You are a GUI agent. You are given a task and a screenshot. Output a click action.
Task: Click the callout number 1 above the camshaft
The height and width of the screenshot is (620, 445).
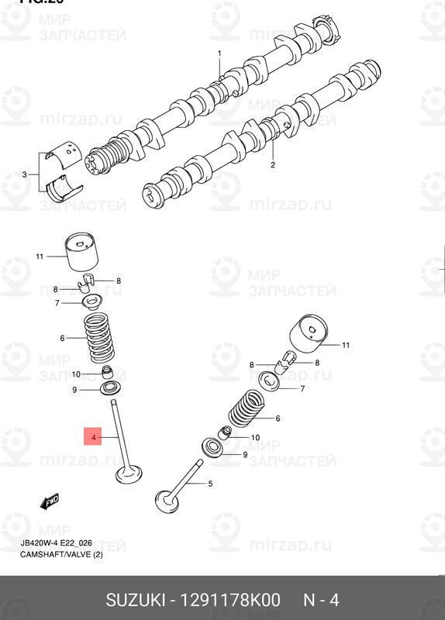(x=219, y=53)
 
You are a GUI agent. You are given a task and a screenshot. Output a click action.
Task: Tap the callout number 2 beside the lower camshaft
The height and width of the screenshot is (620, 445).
(x=273, y=165)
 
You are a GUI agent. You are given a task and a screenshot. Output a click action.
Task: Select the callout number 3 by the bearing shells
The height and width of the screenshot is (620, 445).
(x=24, y=174)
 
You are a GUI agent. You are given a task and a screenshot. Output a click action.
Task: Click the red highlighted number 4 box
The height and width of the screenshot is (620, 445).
(x=93, y=439)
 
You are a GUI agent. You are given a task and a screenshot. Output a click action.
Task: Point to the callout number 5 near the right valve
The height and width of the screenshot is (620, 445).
(x=209, y=484)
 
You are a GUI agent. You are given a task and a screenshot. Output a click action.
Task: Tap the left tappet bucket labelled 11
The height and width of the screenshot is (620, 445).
(x=85, y=253)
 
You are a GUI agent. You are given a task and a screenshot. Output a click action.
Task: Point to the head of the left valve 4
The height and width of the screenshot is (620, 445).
(x=128, y=473)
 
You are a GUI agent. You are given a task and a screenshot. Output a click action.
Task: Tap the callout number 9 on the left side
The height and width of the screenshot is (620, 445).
(x=74, y=390)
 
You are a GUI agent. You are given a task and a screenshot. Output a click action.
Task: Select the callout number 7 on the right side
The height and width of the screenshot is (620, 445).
(x=302, y=388)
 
